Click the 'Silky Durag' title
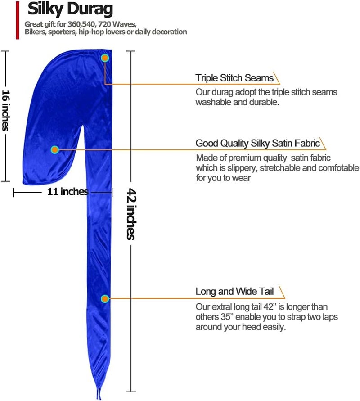tap(70, 9)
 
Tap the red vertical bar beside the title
tap(18, 20)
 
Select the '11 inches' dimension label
tap(68, 191)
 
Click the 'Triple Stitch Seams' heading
tap(234, 78)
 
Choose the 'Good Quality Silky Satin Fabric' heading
tap(258, 143)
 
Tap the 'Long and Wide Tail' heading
tap(234, 291)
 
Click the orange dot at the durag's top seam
tap(105, 58)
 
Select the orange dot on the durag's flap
tap(55, 149)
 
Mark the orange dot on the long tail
tap(104, 299)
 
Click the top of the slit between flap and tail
tap(83, 125)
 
